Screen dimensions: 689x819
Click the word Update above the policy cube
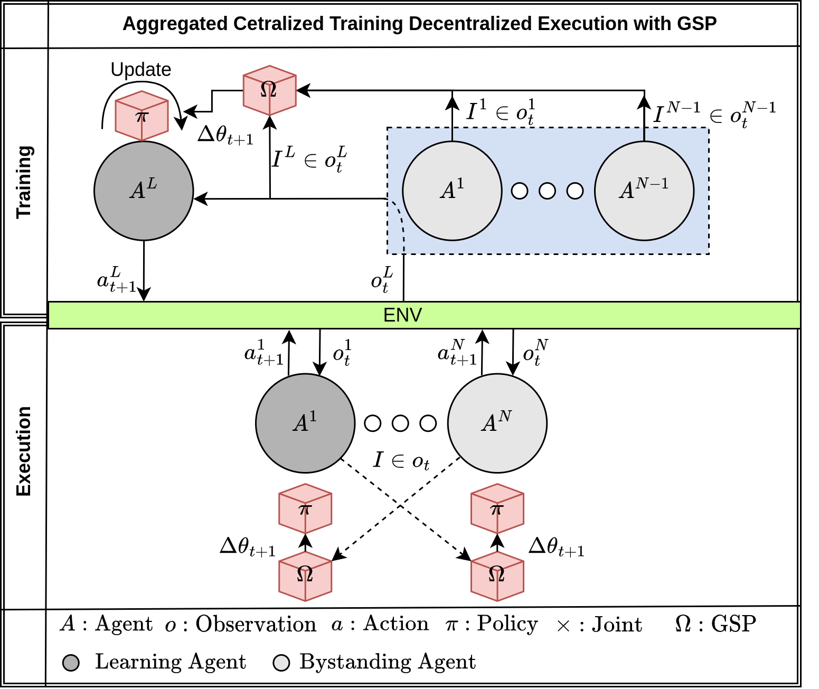140,70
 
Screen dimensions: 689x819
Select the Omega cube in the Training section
269,90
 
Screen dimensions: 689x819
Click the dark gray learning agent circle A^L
144,191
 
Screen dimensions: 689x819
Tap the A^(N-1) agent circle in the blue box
644,191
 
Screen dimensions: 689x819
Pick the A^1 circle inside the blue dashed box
452,191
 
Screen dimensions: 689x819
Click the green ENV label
402,315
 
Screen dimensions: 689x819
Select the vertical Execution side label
24,451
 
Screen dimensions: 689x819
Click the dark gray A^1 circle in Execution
305,423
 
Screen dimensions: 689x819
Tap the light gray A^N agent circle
497,423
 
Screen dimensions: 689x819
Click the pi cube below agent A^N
497,509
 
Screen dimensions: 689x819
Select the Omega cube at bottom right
497,576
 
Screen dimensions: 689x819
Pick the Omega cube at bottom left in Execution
305,576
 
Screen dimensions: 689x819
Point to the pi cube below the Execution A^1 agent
305,509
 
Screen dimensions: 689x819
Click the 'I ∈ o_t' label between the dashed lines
401,461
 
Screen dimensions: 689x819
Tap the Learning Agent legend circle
71,663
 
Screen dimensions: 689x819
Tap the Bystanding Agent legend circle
281,663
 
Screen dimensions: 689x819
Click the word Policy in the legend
507,624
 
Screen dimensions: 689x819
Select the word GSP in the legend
733,624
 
